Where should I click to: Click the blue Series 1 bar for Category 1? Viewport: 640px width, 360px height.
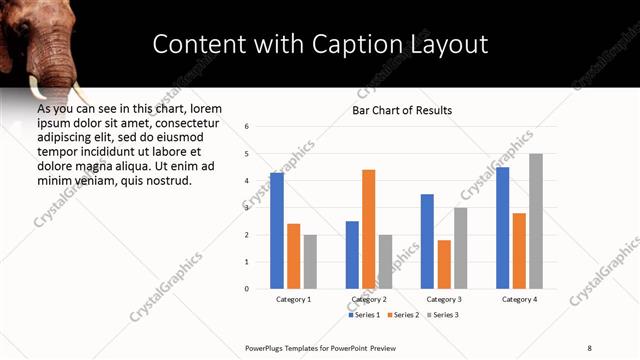pos(277,230)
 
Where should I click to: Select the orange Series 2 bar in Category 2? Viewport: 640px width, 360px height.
pos(369,229)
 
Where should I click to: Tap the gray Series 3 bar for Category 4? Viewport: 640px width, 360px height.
pos(536,221)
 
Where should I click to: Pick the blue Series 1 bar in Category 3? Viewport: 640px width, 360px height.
pos(427,241)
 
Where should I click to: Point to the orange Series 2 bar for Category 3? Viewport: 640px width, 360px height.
pos(444,264)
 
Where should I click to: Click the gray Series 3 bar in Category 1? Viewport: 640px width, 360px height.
pos(310,261)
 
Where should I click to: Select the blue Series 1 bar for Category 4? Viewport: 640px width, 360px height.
pos(502,227)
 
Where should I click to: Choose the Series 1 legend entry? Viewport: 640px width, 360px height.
pos(363,315)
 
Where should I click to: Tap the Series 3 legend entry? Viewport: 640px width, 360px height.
pos(443,315)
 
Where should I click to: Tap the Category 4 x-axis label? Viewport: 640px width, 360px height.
pos(519,299)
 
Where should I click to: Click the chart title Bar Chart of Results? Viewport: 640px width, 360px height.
pos(402,110)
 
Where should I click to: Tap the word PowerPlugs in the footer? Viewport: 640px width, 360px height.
pos(267,347)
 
